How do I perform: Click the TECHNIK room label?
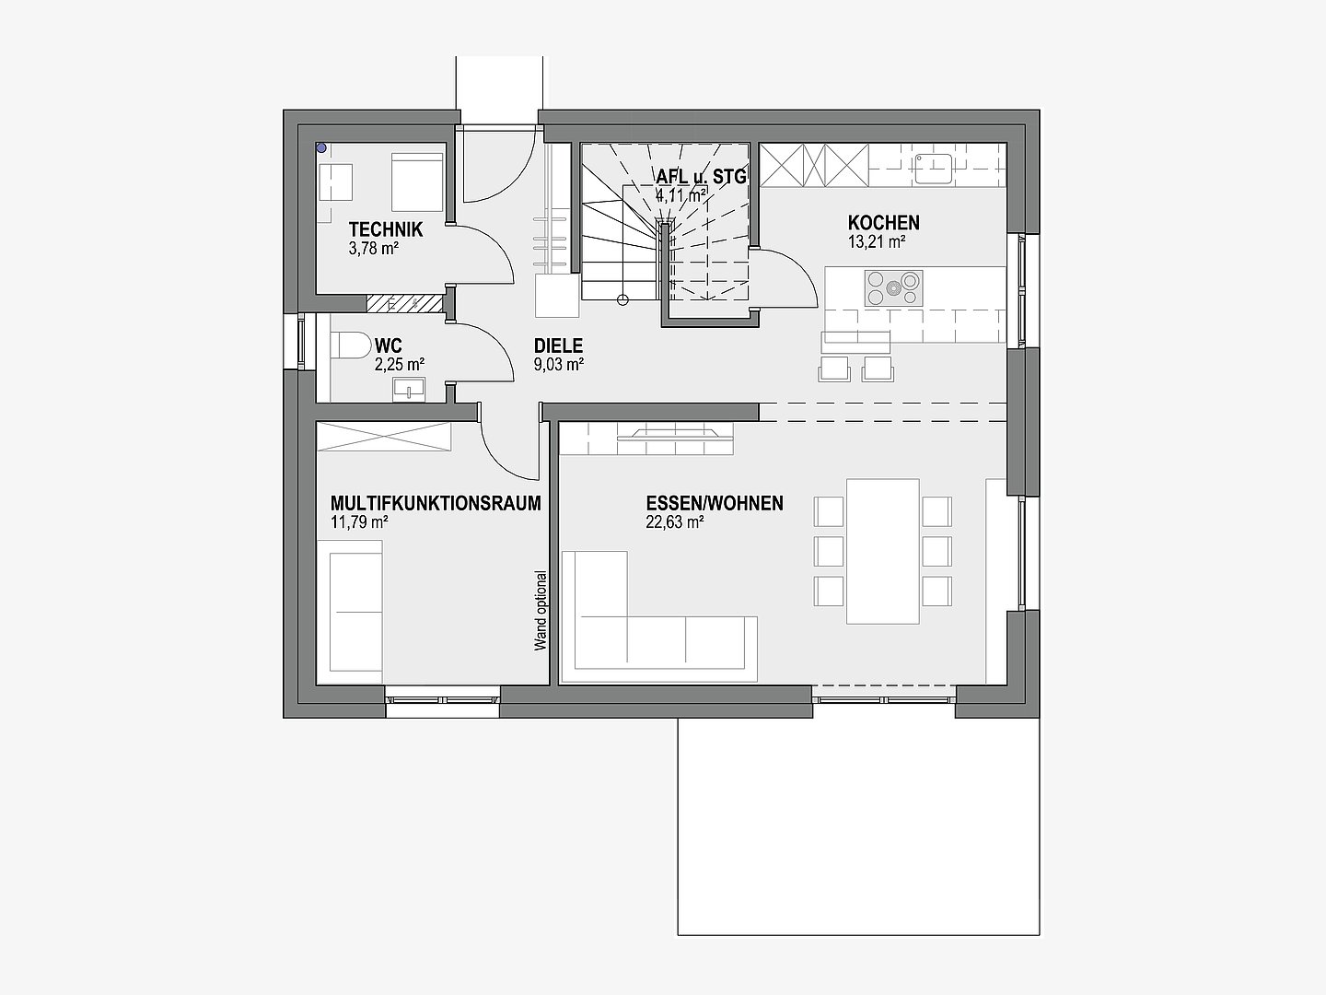(386, 229)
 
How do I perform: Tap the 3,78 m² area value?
(373, 249)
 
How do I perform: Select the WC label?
(388, 346)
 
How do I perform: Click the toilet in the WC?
(352, 345)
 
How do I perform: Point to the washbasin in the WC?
(409, 390)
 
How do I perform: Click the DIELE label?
(558, 346)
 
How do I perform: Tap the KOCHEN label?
(883, 223)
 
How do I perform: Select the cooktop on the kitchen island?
(893, 288)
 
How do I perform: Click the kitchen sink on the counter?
(934, 169)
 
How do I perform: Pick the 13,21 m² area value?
(876, 242)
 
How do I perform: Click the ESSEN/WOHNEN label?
(715, 503)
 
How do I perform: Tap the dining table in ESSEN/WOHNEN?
(882, 551)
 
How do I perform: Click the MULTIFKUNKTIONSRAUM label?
(436, 503)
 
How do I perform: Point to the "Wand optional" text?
(541, 611)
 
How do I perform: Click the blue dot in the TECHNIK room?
(321, 147)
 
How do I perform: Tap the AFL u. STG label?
(702, 177)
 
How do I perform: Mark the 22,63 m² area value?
(675, 522)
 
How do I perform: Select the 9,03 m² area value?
(559, 365)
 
